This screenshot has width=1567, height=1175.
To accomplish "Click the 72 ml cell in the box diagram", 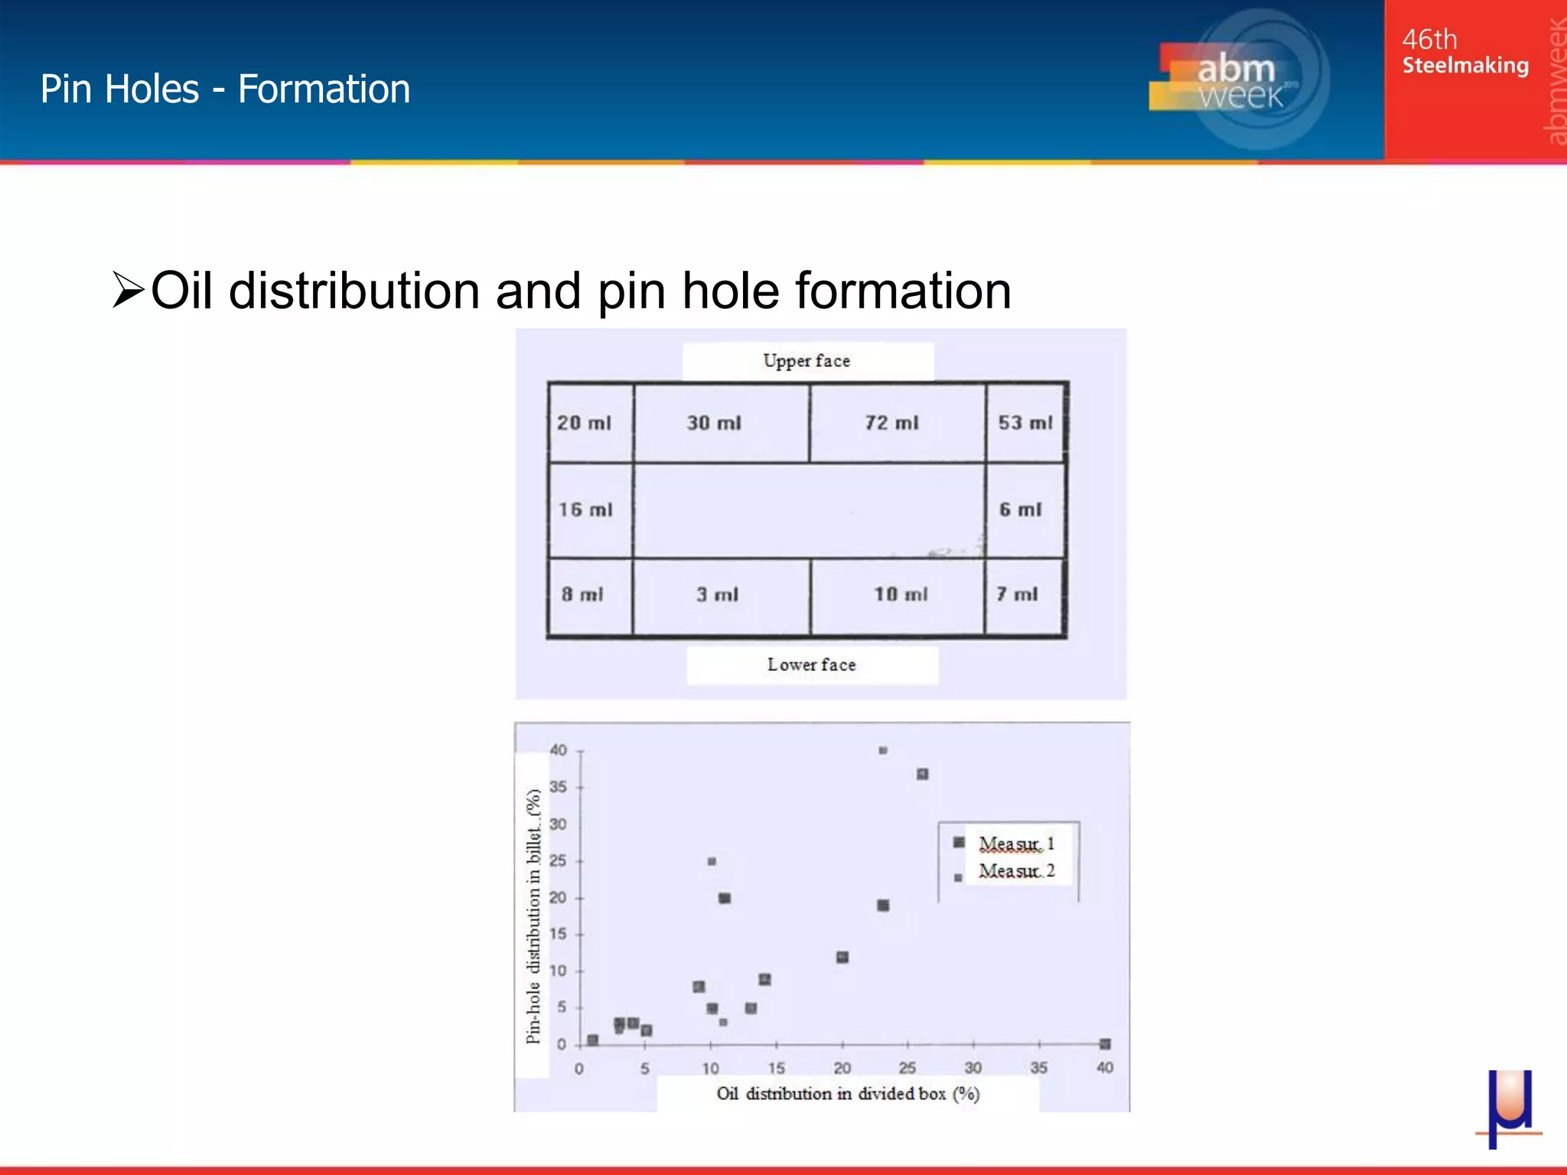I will (892, 423).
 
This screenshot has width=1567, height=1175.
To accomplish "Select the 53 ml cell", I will (1025, 423).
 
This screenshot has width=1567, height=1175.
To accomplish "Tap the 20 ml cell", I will (584, 423).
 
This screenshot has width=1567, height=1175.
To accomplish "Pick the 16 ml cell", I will (585, 509).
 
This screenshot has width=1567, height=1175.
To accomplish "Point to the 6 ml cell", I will (1021, 509).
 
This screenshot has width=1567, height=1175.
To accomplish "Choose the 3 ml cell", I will (718, 594).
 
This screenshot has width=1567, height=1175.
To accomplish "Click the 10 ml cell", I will (901, 594).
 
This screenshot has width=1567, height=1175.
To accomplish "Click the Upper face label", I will (806, 361).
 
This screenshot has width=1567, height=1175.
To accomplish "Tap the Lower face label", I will (811, 665).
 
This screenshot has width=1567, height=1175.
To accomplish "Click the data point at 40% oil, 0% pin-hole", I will (1105, 1043).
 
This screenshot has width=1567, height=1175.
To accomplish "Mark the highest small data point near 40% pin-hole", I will (883, 750).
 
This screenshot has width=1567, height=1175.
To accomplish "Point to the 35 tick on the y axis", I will (559, 786).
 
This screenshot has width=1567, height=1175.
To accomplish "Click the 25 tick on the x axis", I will (907, 1068).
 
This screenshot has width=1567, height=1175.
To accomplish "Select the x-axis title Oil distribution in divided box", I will (848, 1094).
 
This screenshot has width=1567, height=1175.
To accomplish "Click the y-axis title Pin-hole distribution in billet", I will (533, 916).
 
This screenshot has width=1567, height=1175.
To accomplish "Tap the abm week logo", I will (1238, 80).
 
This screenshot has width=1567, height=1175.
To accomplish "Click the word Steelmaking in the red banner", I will (1465, 66).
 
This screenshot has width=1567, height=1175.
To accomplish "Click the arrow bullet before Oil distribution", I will (128, 290).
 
